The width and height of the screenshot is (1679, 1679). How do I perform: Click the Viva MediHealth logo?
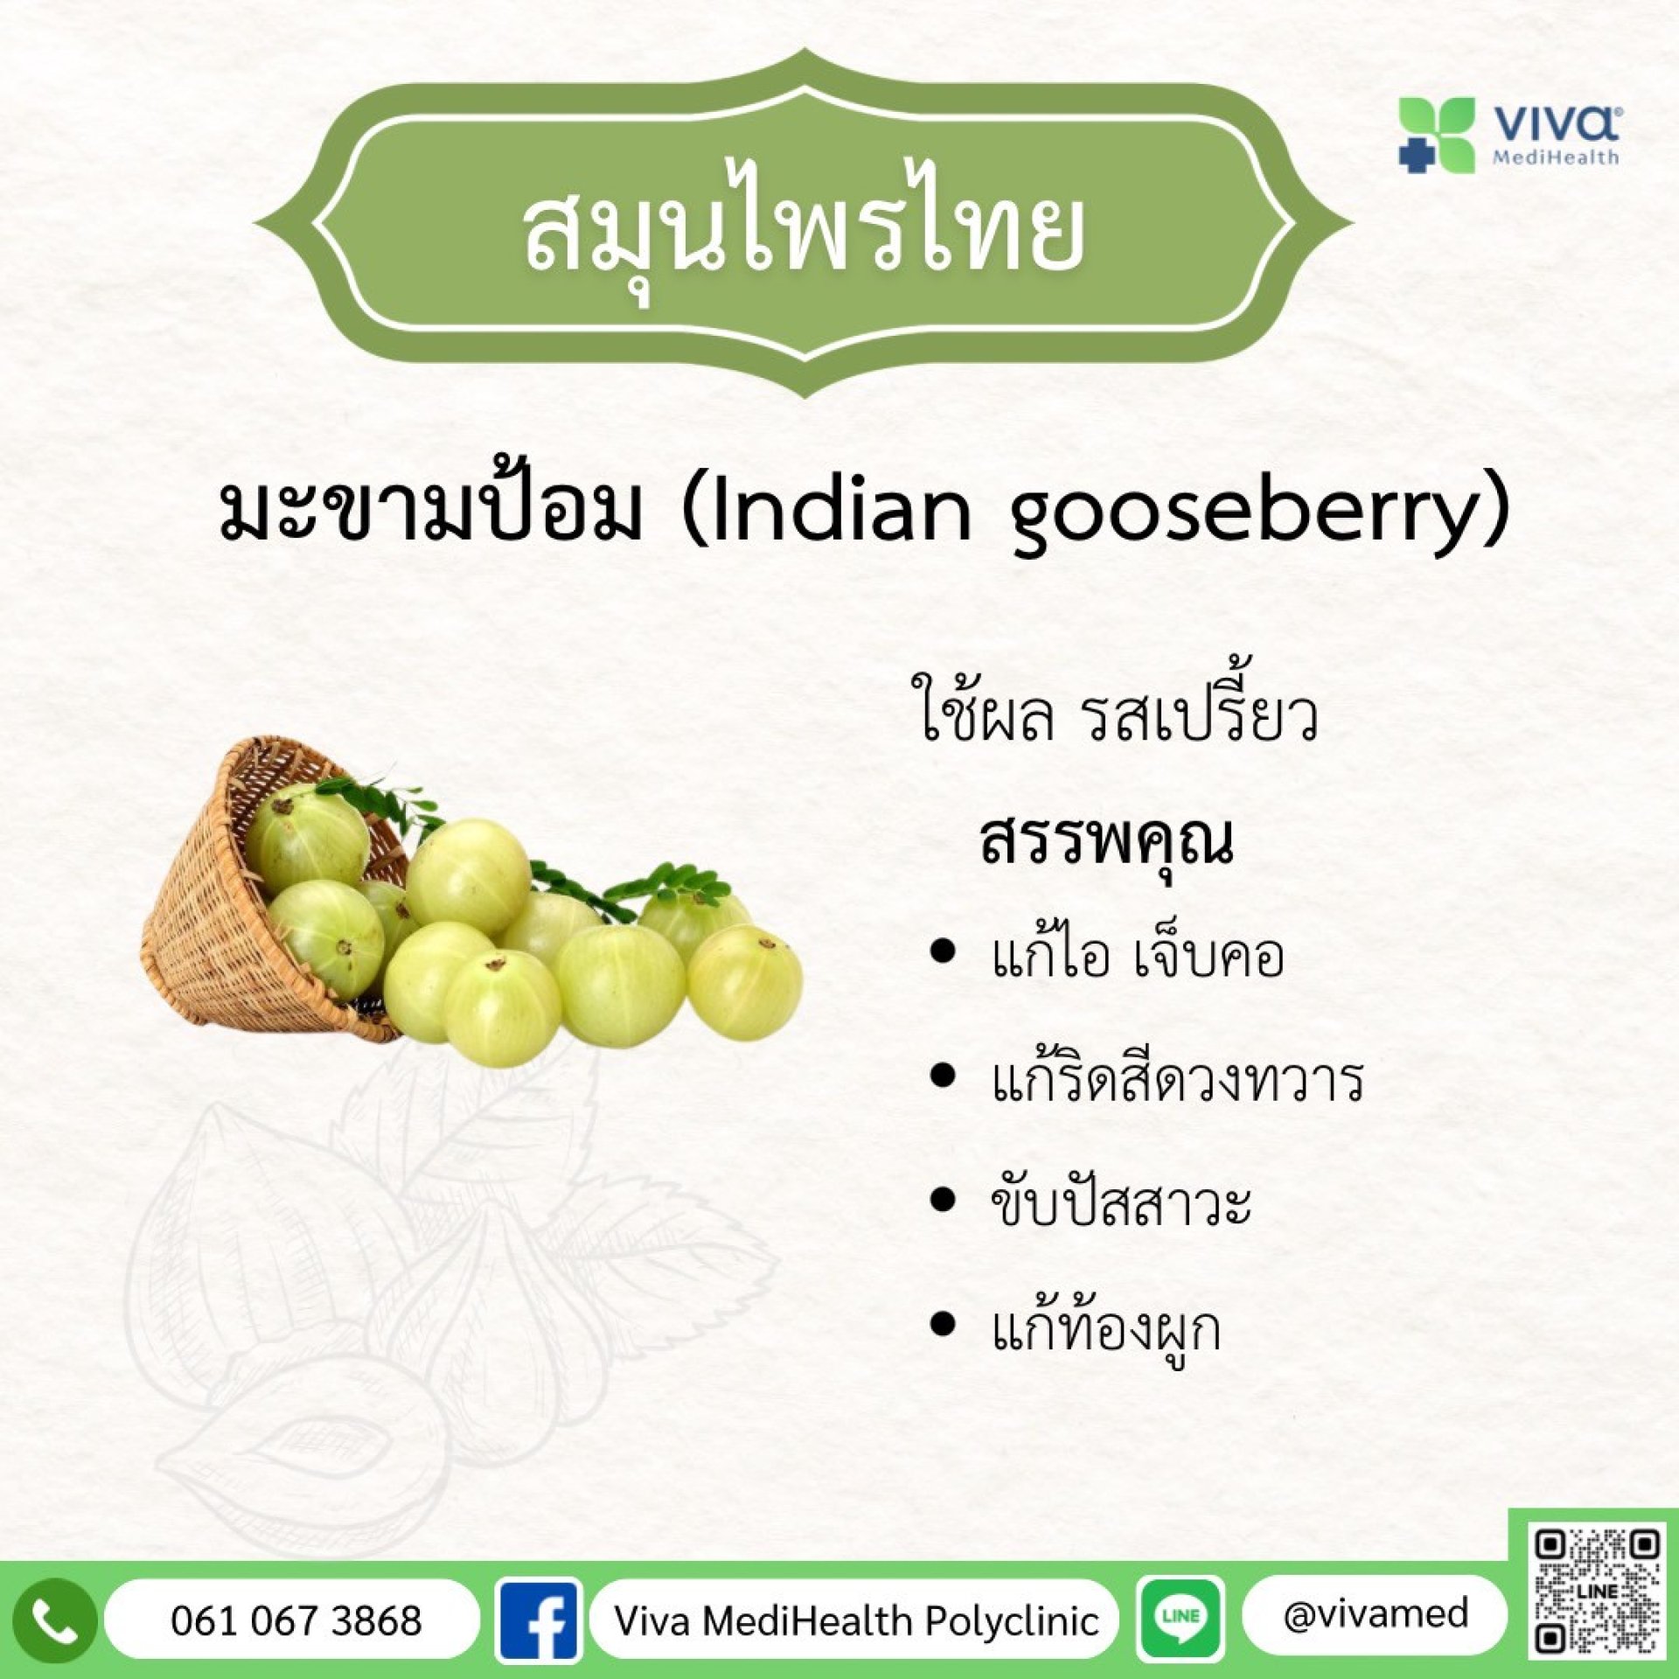(1508, 136)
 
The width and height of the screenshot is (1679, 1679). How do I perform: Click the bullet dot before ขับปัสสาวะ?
(943, 1201)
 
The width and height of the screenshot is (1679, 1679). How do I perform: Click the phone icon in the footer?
(53, 1620)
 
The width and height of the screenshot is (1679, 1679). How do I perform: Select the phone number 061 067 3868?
(296, 1620)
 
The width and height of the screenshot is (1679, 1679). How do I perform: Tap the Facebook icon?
(539, 1620)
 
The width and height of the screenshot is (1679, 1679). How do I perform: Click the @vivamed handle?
(1376, 1614)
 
